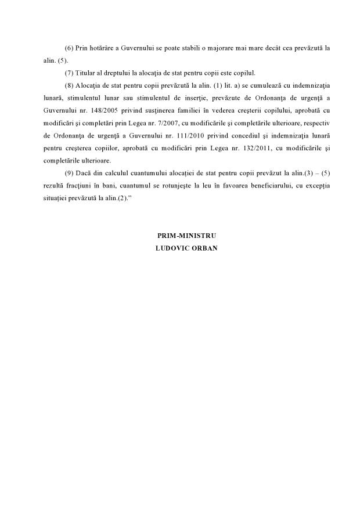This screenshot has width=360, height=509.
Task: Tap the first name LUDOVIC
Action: pyautogui.click(x=170, y=248)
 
